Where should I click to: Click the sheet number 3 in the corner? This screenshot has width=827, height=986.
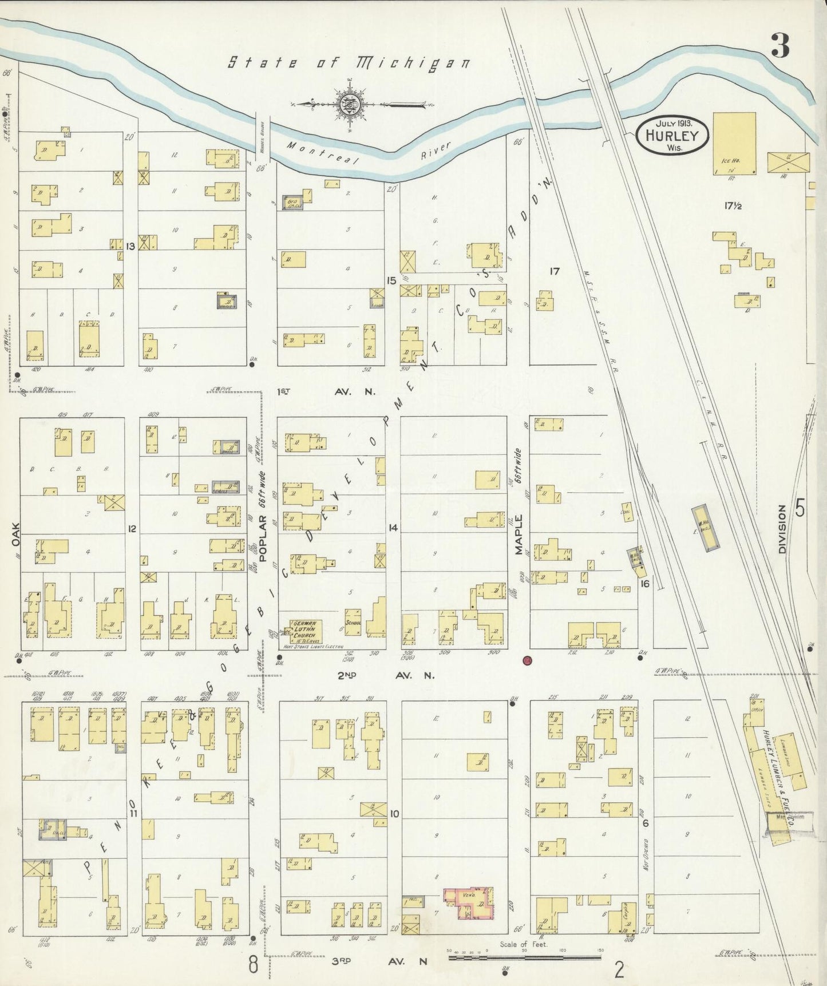coord(779,46)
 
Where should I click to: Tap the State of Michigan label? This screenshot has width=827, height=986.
coord(349,62)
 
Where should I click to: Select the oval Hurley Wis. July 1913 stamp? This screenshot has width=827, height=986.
coord(672,135)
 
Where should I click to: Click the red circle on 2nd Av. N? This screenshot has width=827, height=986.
coord(527,661)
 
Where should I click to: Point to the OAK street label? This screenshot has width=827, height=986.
coord(15,536)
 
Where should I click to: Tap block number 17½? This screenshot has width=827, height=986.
coord(733,205)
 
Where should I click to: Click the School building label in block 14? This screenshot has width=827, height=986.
coord(351,623)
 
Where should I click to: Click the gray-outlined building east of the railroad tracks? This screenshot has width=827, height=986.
coord(703,528)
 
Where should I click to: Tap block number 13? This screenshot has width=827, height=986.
coord(130,247)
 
